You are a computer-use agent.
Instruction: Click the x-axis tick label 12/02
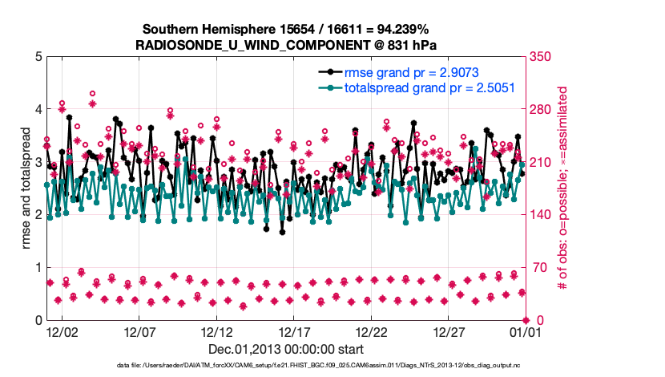point(62,331)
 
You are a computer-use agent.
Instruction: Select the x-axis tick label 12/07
point(139,331)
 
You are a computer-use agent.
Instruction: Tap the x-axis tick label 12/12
point(216,331)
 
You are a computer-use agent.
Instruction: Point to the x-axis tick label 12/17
point(293,331)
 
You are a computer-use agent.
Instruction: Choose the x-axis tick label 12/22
point(371,331)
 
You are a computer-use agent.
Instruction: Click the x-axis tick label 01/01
point(523,331)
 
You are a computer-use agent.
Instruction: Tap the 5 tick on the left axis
point(38,57)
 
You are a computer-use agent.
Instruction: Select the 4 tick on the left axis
point(38,109)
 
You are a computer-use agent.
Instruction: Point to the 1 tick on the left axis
point(38,268)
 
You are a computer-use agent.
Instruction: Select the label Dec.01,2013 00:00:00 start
point(286,349)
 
